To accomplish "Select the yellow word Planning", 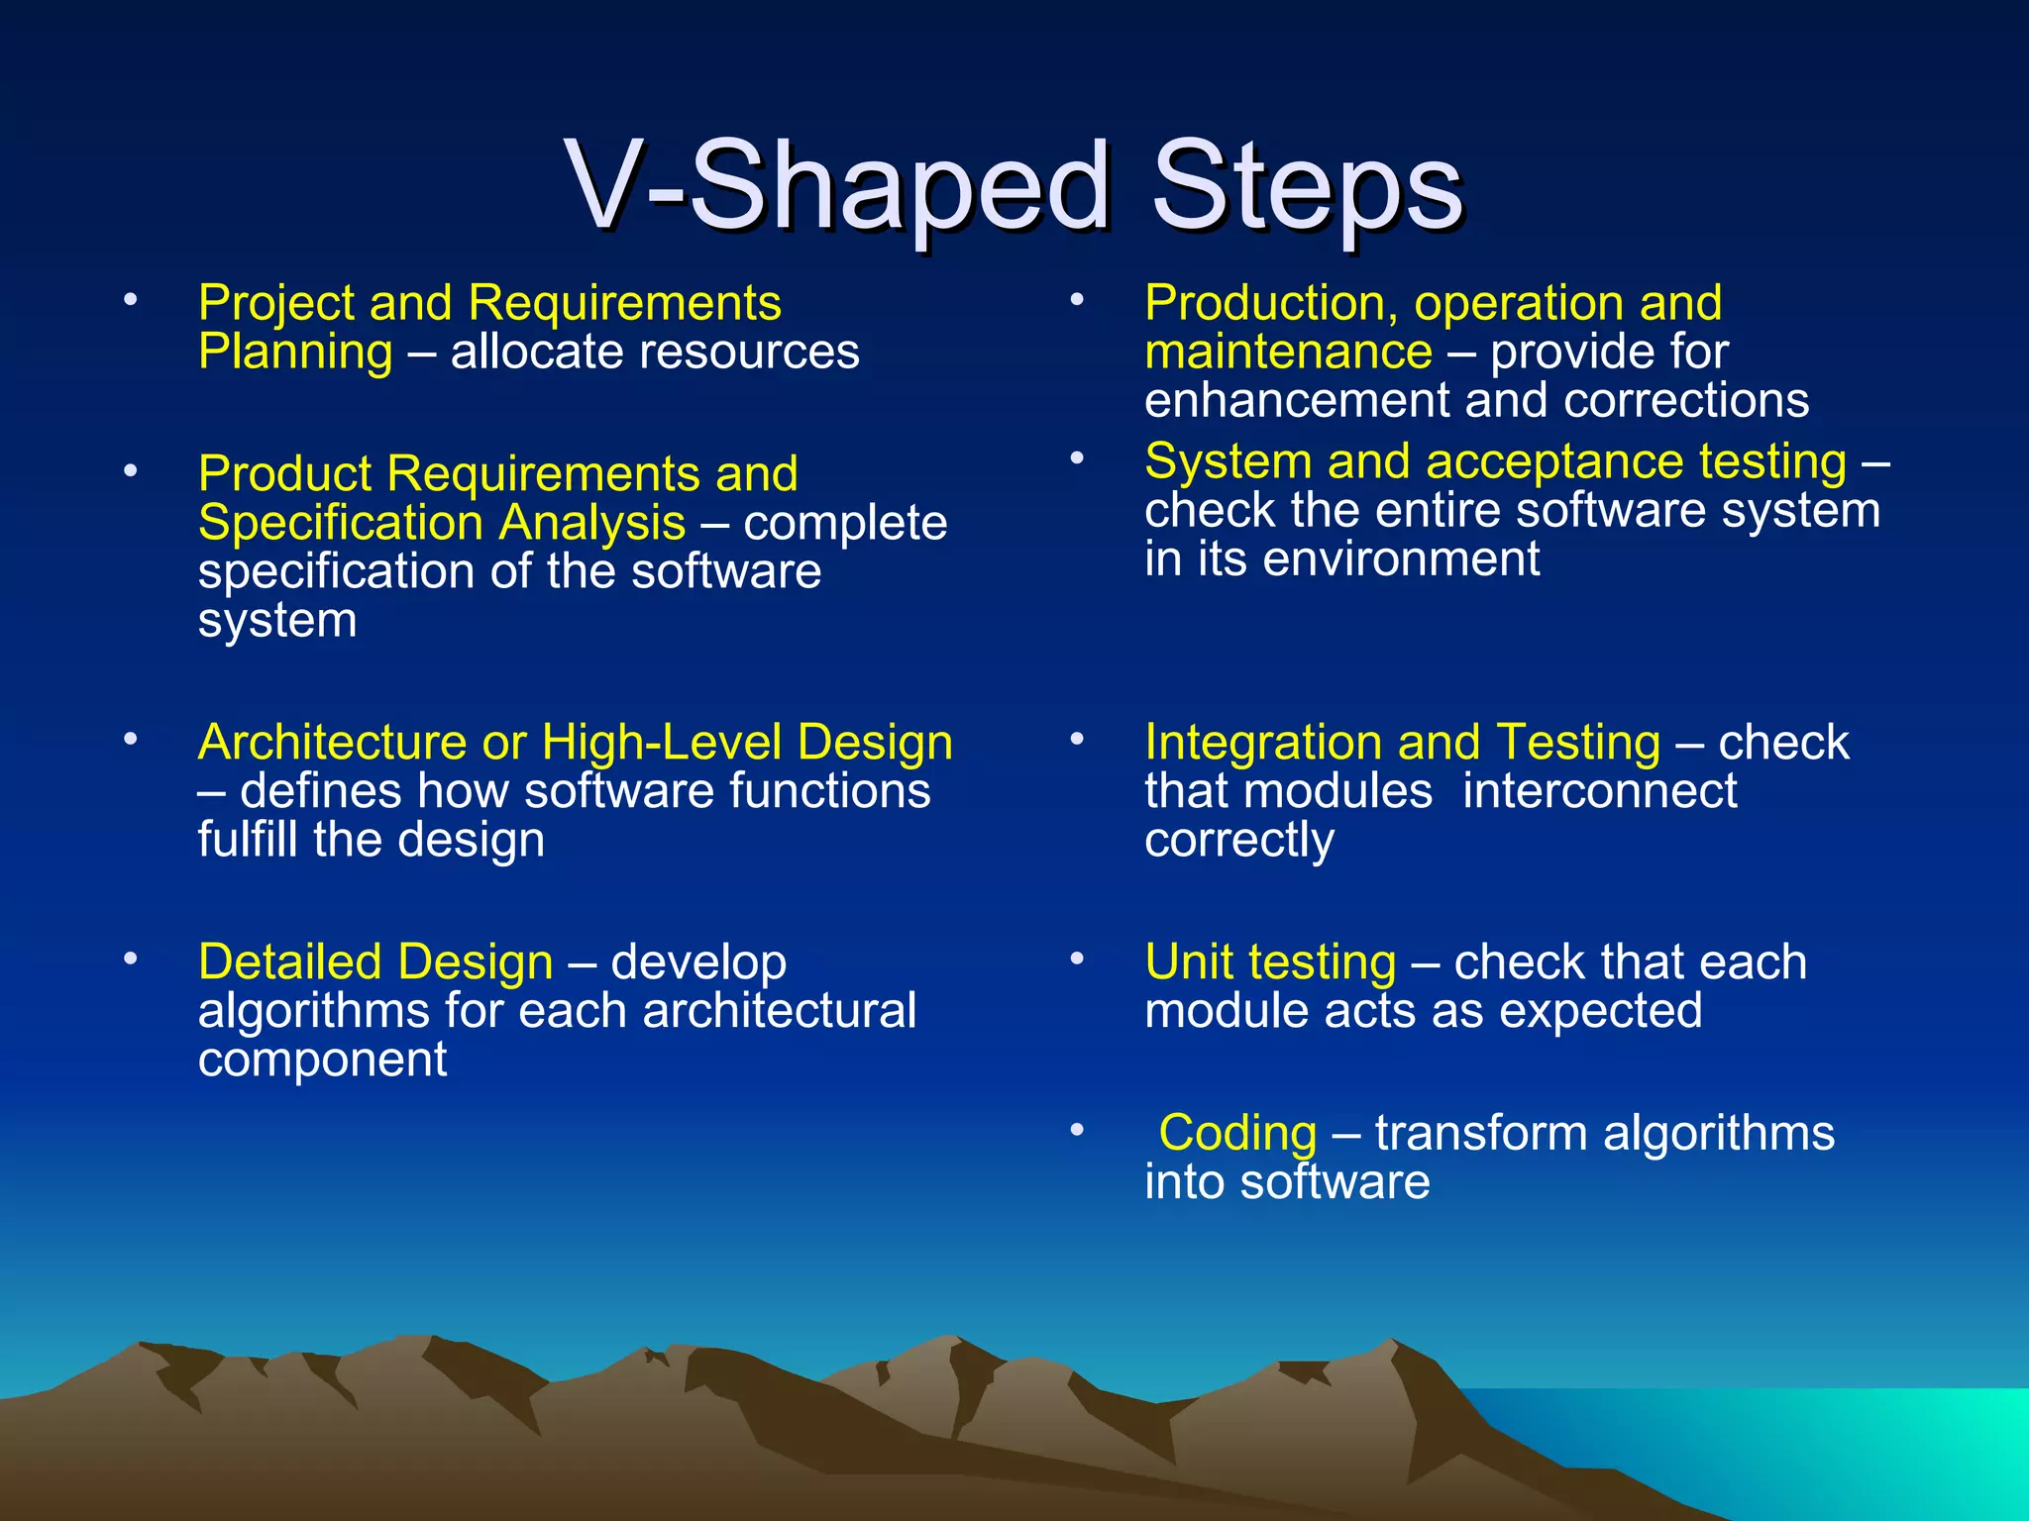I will click(295, 354).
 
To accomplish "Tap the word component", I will click(322, 1061).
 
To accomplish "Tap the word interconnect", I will click(1599, 791).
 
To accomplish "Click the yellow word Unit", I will click(1185, 963).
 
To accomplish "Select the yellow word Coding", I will click(1237, 1133).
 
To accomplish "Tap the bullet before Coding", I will click(1077, 1130).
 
